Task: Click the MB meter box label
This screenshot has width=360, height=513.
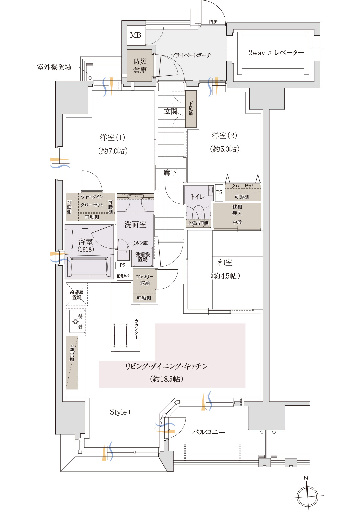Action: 135,35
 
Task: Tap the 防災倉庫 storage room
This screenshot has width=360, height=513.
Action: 140,66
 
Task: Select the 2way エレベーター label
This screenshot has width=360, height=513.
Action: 276,53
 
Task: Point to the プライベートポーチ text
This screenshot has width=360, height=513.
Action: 191,55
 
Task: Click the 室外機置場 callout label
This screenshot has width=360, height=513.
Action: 54,67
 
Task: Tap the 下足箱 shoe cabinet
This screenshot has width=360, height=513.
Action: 191,109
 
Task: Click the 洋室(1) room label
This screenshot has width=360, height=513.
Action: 112,138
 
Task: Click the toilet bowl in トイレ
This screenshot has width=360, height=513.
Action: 199,213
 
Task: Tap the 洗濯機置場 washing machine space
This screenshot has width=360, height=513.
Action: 143,257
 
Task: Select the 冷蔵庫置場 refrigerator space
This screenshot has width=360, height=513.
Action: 77,295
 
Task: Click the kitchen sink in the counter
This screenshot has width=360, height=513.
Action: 120,335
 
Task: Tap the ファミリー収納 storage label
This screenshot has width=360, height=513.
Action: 145,280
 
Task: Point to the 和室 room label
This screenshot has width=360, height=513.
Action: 225,263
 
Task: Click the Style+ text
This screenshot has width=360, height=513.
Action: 120,412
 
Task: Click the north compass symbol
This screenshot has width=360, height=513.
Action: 308,496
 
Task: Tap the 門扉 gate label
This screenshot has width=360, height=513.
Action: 213,22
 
